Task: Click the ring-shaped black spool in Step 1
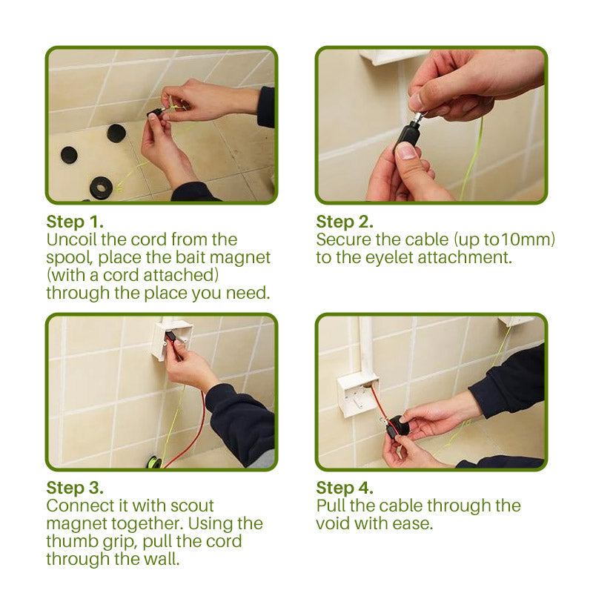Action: click(x=101, y=187)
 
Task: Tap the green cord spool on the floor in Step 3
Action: click(x=153, y=461)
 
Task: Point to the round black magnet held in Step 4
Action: click(x=397, y=426)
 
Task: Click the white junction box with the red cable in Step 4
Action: click(x=357, y=393)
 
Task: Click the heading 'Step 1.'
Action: click(x=75, y=222)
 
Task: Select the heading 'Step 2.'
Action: click(x=345, y=222)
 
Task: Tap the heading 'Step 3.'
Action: click(x=75, y=488)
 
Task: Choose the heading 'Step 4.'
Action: click(x=345, y=488)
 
